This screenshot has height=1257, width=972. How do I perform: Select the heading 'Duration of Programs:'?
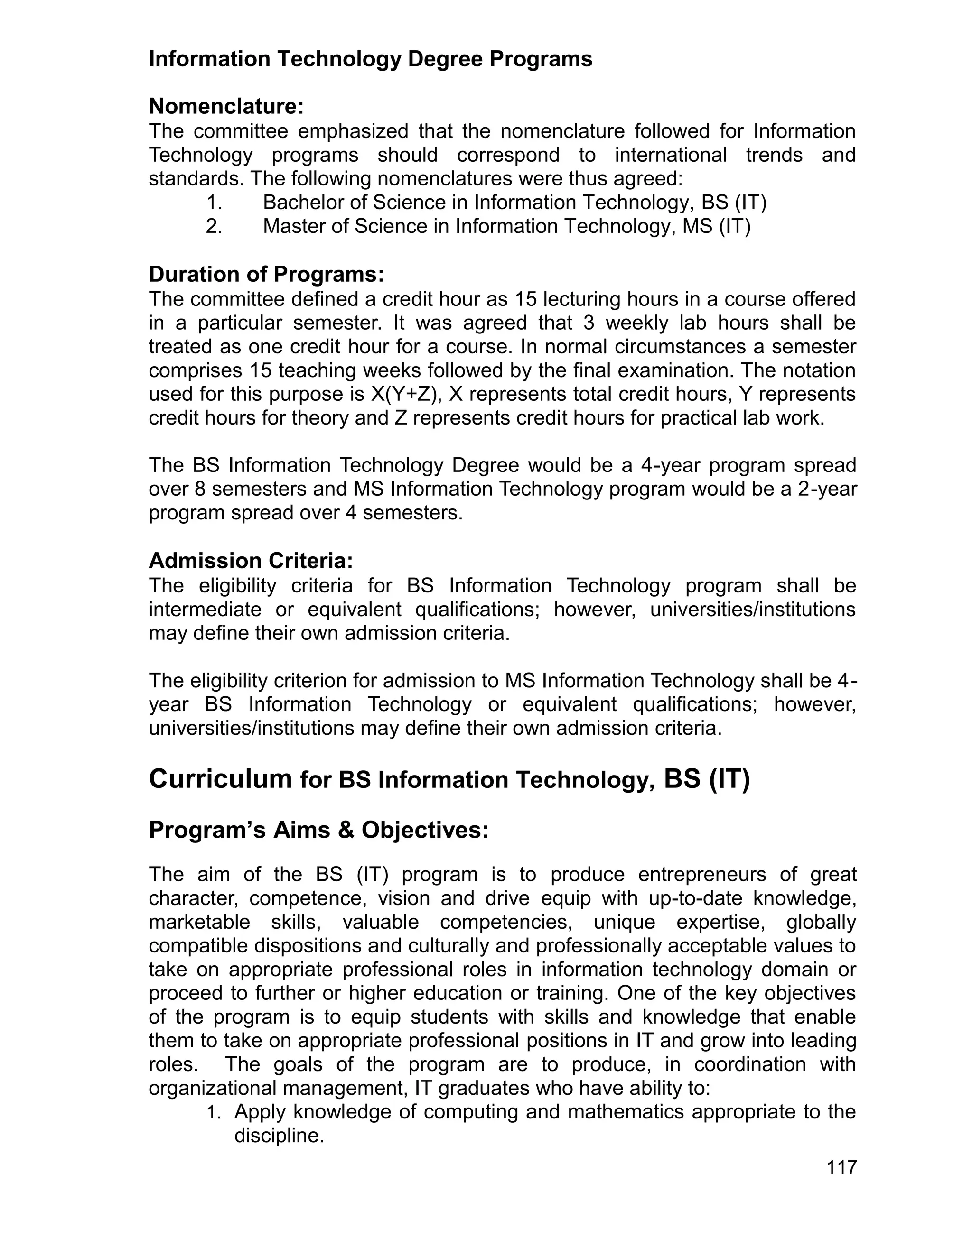pos(266,275)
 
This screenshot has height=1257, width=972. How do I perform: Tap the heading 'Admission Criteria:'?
pos(251,561)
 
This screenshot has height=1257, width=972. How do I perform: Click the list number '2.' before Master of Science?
pos(214,226)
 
